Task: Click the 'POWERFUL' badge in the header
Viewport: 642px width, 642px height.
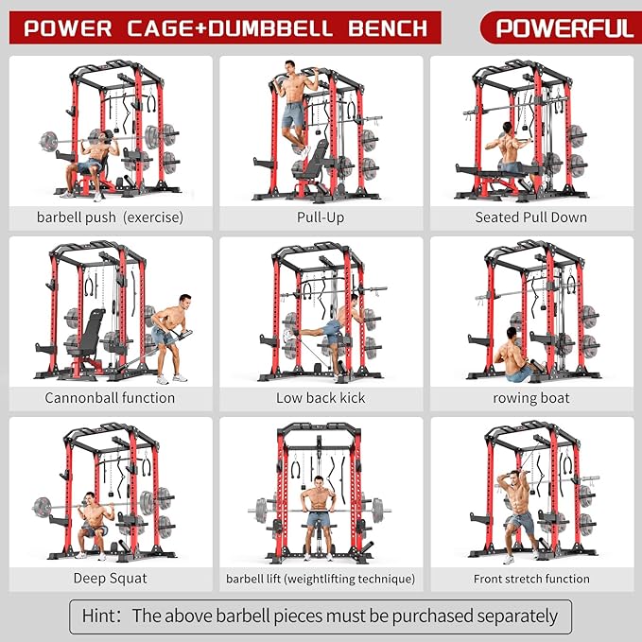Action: [564, 27]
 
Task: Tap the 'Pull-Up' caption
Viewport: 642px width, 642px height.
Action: [320, 217]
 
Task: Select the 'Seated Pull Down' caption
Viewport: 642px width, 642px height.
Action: [530, 217]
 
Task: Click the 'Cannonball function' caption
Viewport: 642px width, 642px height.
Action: [110, 398]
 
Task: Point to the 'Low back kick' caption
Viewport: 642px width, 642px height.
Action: [320, 398]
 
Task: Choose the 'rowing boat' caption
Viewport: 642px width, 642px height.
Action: [530, 398]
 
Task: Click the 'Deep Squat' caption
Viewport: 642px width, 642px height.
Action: [110, 578]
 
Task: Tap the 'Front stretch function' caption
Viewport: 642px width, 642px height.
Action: [530, 579]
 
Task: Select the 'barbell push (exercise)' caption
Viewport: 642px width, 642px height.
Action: [110, 217]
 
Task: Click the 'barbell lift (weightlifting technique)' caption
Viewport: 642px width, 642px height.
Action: [320, 579]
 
